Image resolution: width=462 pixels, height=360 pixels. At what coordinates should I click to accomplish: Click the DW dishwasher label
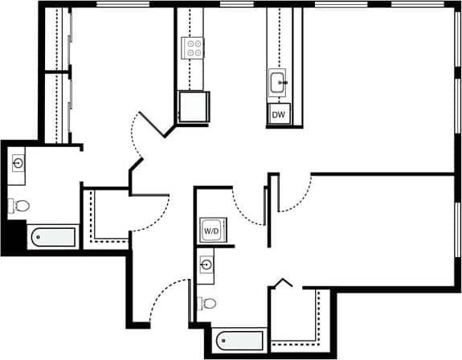pyautogui.click(x=279, y=115)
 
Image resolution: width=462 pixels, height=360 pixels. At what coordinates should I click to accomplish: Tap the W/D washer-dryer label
pyautogui.click(x=211, y=231)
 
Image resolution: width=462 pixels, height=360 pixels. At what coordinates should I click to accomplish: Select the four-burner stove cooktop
pyautogui.click(x=193, y=47)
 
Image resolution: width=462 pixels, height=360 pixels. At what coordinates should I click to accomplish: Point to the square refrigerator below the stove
pyautogui.click(x=193, y=106)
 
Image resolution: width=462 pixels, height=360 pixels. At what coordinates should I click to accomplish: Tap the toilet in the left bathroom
pyautogui.click(x=19, y=206)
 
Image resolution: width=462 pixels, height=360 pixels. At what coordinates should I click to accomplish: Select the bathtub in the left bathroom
pyautogui.click(x=52, y=237)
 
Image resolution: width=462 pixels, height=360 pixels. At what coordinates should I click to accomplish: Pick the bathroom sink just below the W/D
pyautogui.click(x=206, y=265)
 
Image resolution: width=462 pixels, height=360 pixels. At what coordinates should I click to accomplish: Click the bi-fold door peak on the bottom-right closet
pyautogui.click(x=280, y=280)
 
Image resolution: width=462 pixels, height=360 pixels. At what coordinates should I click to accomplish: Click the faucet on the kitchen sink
pyautogui.click(x=284, y=81)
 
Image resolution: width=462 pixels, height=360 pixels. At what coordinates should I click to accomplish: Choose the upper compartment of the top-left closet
pyautogui.click(x=56, y=40)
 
